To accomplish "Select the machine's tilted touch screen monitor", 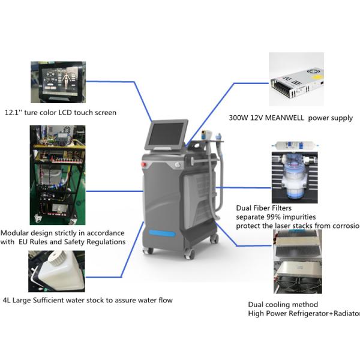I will point(167,136).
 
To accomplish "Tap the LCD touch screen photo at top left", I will point(58,82).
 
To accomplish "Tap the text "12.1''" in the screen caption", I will point(13,112).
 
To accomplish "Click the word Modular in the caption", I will point(17,233).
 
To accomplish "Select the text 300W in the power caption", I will point(239,118).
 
